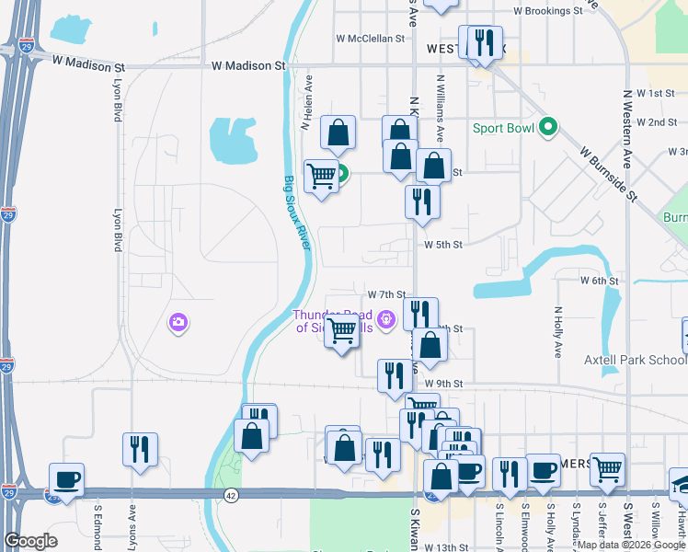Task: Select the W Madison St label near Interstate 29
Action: [87, 67]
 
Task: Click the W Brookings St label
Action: [548, 11]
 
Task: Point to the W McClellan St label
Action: [371, 39]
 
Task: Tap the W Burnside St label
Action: [608, 170]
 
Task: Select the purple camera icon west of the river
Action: [178, 322]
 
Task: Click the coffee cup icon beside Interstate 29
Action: [67, 479]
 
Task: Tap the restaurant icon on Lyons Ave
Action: [140, 449]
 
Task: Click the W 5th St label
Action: [442, 245]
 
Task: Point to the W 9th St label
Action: [442, 384]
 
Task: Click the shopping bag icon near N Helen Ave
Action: [338, 132]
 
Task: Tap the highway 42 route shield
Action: [230, 494]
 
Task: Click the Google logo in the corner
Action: [30, 541]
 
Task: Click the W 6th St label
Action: [598, 280]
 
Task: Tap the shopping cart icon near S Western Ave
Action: [608, 469]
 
